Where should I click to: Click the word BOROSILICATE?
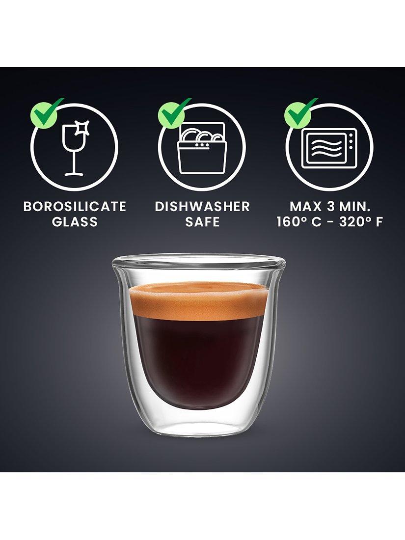75,207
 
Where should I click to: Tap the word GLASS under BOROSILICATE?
75,222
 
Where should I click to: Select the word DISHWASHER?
202,207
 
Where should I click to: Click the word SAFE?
202,222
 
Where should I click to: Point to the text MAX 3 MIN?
329,207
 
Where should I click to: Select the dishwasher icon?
202,148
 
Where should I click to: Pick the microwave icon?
329,149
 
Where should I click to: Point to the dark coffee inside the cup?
197,358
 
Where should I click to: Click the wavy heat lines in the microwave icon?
325,148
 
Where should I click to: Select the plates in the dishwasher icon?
201,135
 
